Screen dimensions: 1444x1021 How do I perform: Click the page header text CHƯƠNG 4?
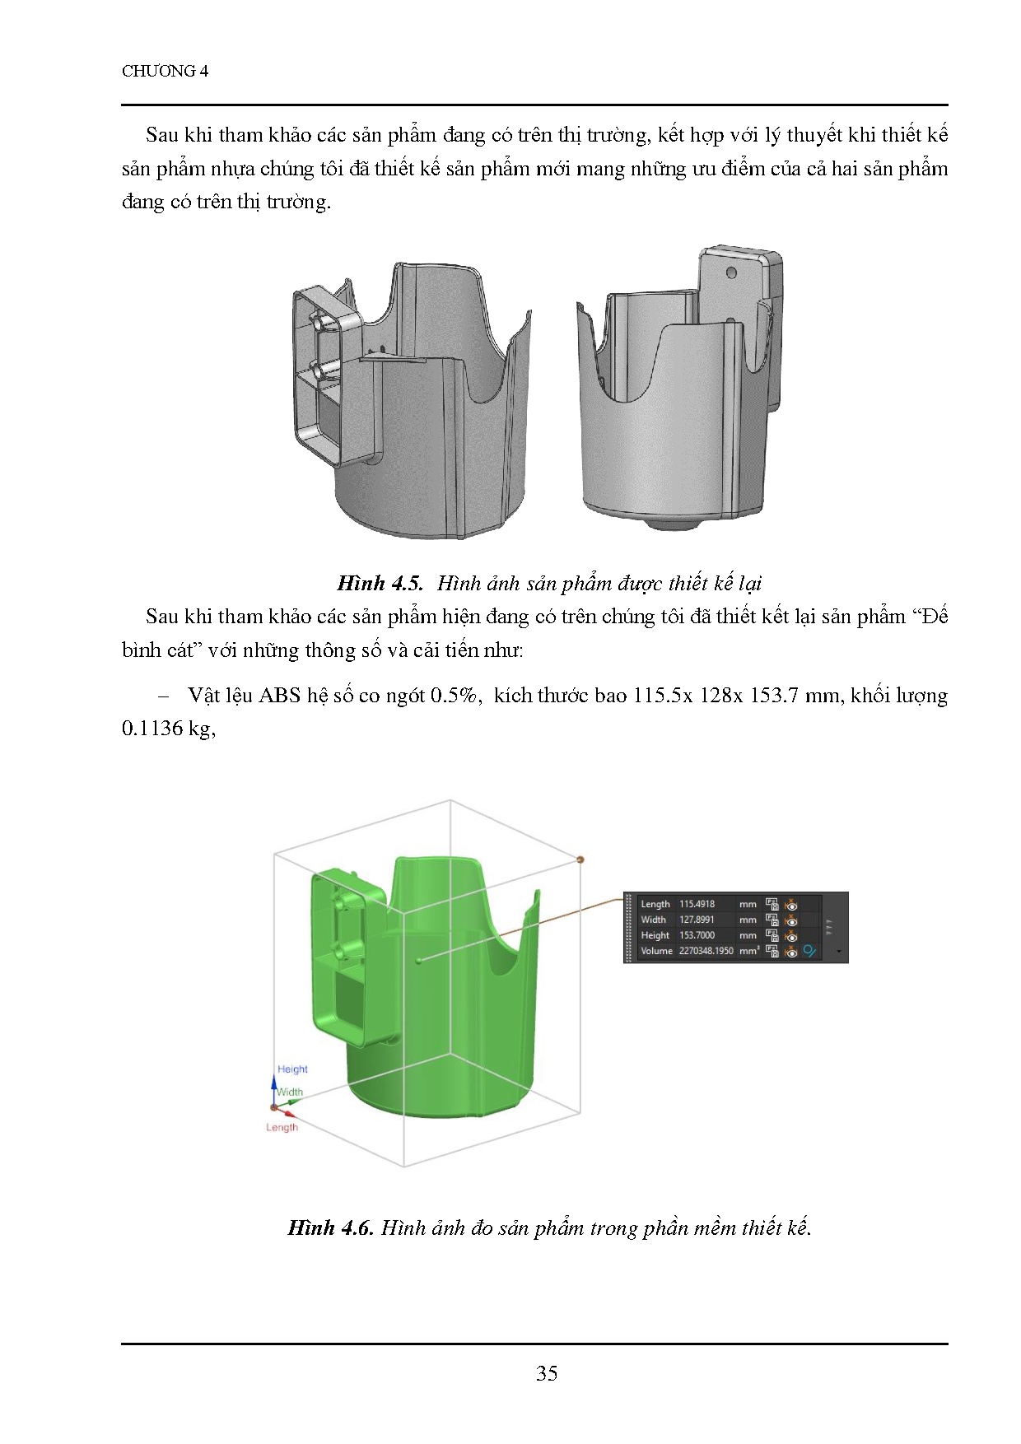coord(165,71)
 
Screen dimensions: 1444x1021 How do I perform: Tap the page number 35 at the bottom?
coord(547,1372)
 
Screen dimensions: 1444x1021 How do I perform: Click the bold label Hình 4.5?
coord(380,584)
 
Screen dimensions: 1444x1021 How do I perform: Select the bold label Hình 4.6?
coord(330,1227)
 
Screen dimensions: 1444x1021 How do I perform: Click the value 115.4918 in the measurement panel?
coord(697,904)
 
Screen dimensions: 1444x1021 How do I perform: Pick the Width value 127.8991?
coord(697,920)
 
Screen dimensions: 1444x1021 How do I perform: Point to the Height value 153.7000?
coord(697,935)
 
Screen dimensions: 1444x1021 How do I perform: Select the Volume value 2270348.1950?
coord(706,951)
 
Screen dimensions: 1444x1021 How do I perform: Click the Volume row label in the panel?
coord(656,951)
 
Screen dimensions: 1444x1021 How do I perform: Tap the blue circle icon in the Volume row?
coord(809,951)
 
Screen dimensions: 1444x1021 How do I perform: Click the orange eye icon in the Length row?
coord(791,904)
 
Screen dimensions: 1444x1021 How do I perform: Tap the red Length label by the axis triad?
coord(282,1127)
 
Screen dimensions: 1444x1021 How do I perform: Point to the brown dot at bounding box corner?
coord(580,859)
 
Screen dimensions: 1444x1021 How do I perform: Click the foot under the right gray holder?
coord(669,523)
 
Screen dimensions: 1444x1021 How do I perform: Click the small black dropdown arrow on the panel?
coord(839,951)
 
